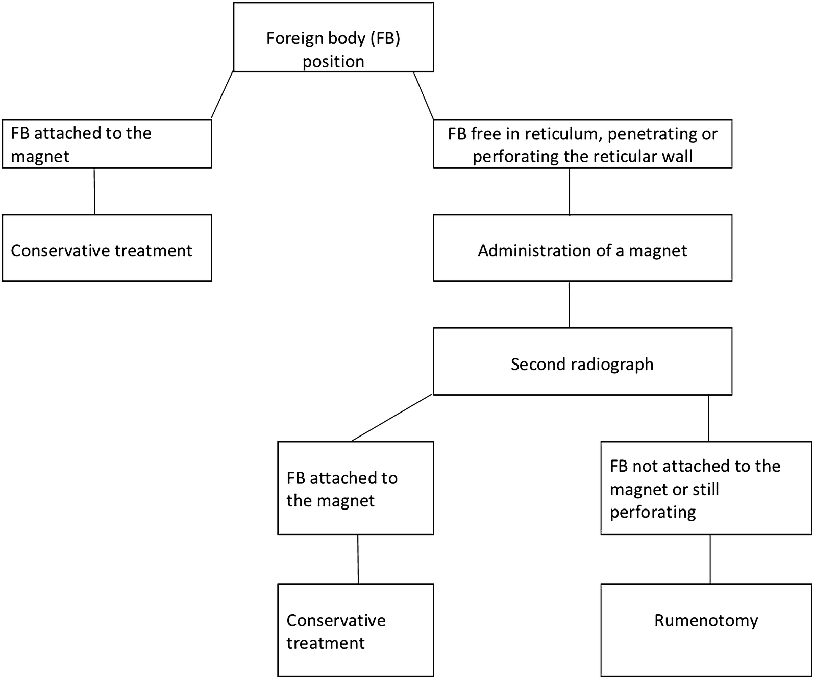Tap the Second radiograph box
582,361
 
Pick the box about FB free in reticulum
582,144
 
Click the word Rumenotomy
706,621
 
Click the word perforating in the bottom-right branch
653,512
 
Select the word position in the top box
333,62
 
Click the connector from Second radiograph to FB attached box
392,418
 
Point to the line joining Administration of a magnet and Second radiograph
570,304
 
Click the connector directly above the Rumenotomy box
710,559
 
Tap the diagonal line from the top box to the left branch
222,95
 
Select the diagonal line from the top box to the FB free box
424,95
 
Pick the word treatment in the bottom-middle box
325,643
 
